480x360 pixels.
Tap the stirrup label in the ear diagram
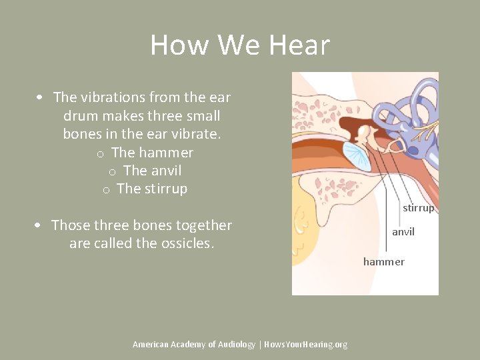tap(418, 208)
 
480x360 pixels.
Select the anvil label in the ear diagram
tap(403, 232)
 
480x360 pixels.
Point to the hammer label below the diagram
tap(383, 261)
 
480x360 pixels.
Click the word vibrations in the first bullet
tap(112, 97)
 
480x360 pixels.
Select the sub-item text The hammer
tap(152, 153)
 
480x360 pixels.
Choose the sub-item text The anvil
tap(152, 171)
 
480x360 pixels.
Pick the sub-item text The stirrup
tap(152, 189)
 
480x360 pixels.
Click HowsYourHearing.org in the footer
tap(305, 345)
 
